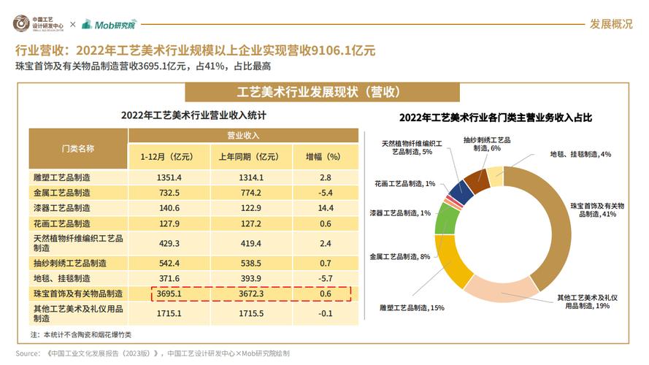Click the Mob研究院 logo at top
(110, 24)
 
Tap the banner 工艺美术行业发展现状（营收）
(322, 93)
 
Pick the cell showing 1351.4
(169, 177)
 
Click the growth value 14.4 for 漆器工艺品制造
(326, 208)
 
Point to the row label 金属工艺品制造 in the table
(62, 193)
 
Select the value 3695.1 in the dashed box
(169, 293)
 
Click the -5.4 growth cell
(326, 193)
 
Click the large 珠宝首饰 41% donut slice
(555, 219)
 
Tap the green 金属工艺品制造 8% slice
(443, 222)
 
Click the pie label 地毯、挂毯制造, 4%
(580, 155)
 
